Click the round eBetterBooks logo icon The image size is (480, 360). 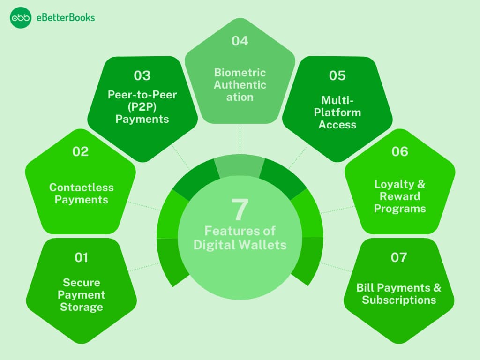pyautogui.click(x=21, y=18)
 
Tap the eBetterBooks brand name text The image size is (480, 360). pyautogui.click(x=66, y=18)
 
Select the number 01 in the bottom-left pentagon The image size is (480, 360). pyautogui.click(x=82, y=257)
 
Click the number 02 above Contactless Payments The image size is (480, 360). pyautogui.click(x=81, y=151)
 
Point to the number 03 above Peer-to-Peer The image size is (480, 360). pyautogui.click(x=142, y=75)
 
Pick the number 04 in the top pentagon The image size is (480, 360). pyautogui.click(x=240, y=41)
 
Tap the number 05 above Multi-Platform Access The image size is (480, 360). pyautogui.click(x=337, y=75)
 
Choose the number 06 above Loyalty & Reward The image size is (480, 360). pyautogui.click(x=400, y=151)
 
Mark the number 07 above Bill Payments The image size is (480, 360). pyautogui.click(x=399, y=257)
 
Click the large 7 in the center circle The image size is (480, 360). pyautogui.click(x=240, y=210)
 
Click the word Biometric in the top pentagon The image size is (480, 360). pyautogui.click(x=240, y=73)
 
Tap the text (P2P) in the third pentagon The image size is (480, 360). pyautogui.click(x=142, y=107)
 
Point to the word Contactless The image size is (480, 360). pyautogui.click(x=82, y=187)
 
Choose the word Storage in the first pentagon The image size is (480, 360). pyautogui.click(x=82, y=307)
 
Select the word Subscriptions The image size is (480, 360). pyautogui.click(x=399, y=300)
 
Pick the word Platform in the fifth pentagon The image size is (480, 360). pyautogui.click(x=337, y=112)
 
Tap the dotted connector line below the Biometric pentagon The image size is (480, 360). pyautogui.click(x=240, y=138)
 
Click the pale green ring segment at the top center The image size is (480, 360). pyautogui.click(x=240, y=165)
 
